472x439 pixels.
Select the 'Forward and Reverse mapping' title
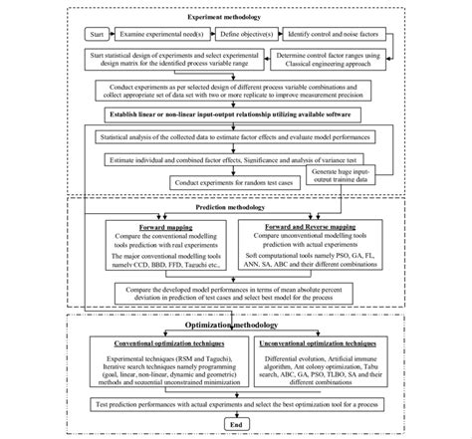(317, 227)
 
